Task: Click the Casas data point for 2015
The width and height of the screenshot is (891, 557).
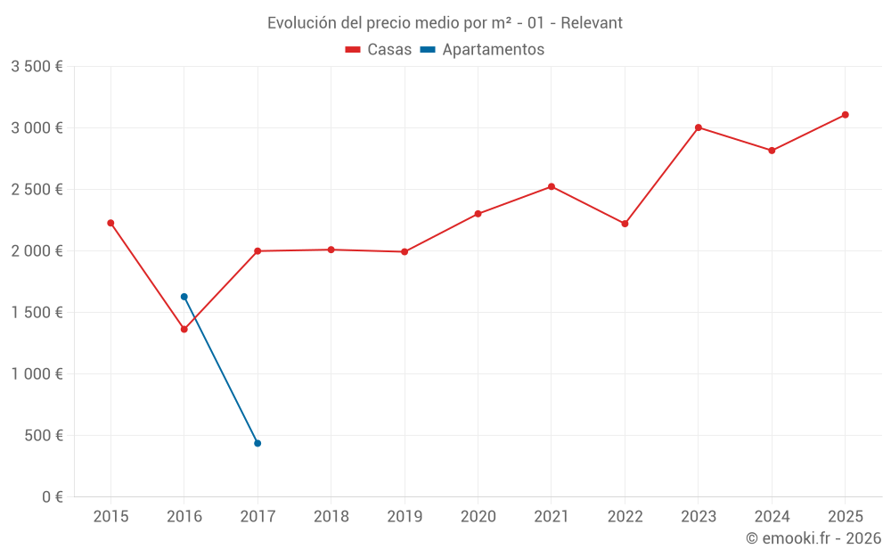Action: click(x=110, y=223)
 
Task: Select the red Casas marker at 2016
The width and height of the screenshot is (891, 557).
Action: click(x=184, y=330)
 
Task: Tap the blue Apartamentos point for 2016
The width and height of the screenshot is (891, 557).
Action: click(x=184, y=297)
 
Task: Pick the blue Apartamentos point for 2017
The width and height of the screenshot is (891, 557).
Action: click(x=257, y=443)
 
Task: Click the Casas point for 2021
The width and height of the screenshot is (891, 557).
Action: click(x=552, y=186)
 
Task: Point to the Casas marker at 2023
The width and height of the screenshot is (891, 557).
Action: click(x=699, y=127)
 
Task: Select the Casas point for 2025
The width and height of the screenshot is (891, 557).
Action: click(x=846, y=115)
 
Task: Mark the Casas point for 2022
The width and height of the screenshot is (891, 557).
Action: click(x=625, y=224)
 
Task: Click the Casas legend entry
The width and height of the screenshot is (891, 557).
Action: click(x=378, y=50)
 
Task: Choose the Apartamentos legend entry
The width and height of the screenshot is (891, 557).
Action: click(x=482, y=50)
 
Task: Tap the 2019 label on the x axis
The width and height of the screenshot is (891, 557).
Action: click(x=405, y=517)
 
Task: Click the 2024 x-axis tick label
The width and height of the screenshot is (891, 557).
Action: click(x=772, y=517)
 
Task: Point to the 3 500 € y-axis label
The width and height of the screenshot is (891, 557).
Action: click(x=37, y=67)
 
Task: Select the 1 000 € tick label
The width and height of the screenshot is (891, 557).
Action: click(x=37, y=374)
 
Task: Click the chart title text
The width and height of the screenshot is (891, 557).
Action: click(x=445, y=22)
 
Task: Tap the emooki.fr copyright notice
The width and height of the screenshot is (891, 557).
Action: click(x=813, y=538)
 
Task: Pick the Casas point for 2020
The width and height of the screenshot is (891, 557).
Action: click(x=478, y=214)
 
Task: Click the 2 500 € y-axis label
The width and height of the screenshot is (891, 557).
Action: click(x=37, y=190)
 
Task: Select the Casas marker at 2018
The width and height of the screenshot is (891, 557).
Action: click(x=331, y=250)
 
